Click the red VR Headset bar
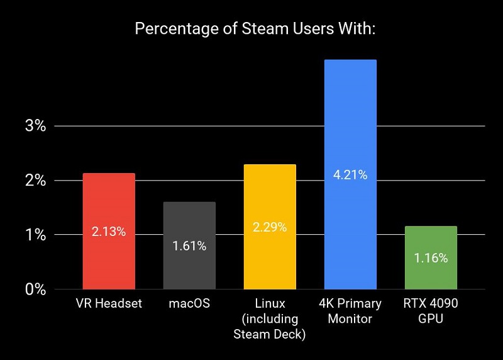point(109,201)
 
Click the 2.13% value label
point(109,232)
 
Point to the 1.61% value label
point(189,246)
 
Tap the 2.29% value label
point(270,227)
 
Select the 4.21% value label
point(350,175)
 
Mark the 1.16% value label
point(431,258)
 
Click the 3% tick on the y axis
point(36,126)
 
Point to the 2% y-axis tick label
point(36,181)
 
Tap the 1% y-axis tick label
point(36,235)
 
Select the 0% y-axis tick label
point(36,290)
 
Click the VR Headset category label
point(109,304)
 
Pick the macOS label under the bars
point(189,304)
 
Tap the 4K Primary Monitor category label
point(350,311)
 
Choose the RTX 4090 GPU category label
point(431,311)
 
